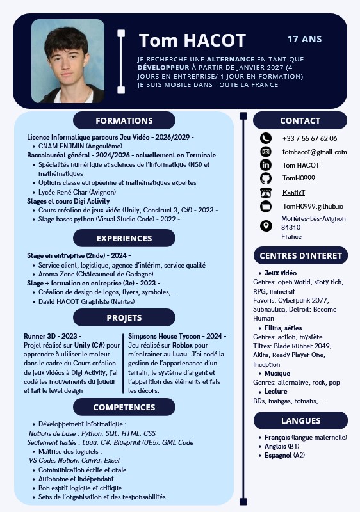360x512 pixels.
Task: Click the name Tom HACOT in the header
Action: point(192,41)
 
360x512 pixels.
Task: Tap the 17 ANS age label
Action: point(304,39)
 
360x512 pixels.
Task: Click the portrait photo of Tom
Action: point(67,61)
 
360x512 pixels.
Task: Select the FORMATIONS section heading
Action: point(124,120)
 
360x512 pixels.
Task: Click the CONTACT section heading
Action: point(300,120)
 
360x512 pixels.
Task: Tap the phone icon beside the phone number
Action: point(266,138)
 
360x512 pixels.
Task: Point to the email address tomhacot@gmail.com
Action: point(315,152)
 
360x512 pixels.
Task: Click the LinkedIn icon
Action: point(266,165)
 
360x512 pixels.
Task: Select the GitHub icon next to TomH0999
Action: point(266,179)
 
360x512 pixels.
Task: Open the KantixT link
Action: point(294,193)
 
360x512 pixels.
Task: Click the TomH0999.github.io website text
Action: point(313,206)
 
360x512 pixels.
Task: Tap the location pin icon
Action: point(266,226)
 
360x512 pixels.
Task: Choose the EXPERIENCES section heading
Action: point(124,238)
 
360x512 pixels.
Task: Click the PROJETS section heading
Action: point(124,317)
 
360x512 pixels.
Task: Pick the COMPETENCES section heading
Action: point(124,407)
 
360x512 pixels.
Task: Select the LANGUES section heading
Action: point(300,420)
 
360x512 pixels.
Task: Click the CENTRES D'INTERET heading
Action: point(300,256)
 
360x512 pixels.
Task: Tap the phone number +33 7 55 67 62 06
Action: point(309,138)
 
